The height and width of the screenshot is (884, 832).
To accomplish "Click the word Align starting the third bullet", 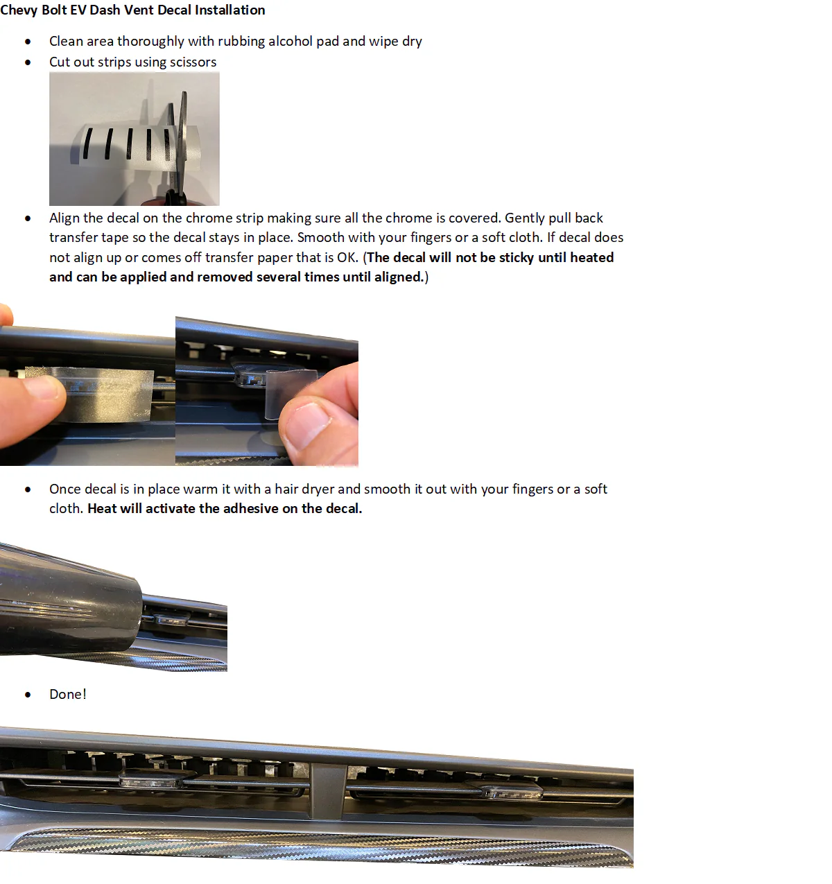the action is click(x=64, y=218).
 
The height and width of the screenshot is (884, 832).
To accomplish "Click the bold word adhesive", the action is click(x=250, y=508).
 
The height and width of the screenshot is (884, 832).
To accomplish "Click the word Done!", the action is click(x=68, y=694).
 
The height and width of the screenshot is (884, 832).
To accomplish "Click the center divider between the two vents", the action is click(x=329, y=790).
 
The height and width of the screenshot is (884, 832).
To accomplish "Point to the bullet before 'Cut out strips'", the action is click(x=28, y=62).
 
